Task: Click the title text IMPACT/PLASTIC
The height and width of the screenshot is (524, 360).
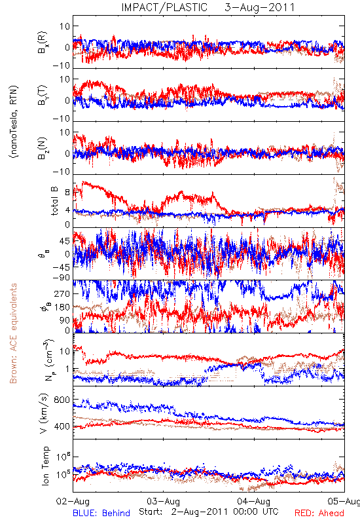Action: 164,7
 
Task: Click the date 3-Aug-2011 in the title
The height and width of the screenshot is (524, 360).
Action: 259,7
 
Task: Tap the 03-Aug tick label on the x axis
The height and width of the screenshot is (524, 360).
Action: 163,501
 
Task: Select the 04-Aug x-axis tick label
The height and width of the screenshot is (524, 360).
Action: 253,501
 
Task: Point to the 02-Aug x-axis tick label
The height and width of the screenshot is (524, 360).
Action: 73,501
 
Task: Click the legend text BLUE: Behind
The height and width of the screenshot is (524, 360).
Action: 101,513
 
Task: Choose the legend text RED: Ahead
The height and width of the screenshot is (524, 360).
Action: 319,513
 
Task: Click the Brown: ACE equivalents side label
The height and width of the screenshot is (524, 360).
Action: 13,333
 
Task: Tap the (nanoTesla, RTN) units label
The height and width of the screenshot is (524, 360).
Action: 14,122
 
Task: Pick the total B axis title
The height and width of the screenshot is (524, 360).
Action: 54,201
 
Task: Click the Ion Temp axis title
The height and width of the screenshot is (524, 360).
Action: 45,466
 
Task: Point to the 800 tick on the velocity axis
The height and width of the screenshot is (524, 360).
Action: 62,400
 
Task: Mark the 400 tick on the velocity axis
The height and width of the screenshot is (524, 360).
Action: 62,426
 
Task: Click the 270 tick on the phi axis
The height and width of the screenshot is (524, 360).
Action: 62,293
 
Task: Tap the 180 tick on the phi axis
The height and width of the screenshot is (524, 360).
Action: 62,307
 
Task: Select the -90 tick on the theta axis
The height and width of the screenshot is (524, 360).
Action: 61,277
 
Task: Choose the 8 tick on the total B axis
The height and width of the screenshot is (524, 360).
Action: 67,193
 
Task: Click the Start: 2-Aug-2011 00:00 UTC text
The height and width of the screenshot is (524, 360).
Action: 208,512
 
